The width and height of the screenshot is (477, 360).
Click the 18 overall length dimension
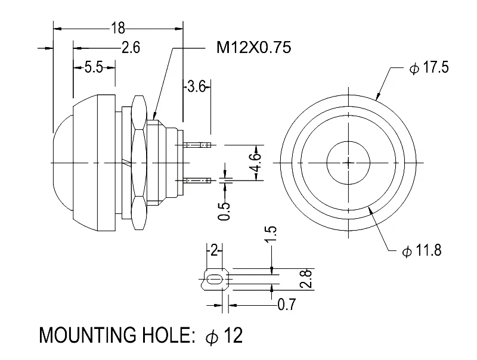point(117,27)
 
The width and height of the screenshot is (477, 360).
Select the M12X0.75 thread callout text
point(253,48)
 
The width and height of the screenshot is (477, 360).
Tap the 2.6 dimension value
point(131,48)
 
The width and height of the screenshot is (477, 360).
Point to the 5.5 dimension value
point(94,67)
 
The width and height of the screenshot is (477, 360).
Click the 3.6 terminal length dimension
point(196,86)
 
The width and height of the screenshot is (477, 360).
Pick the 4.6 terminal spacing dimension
point(256,163)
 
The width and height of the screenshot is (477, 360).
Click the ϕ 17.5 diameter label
point(429,67)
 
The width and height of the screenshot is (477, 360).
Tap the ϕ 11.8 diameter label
point(422,251)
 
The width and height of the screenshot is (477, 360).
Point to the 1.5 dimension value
point(271,234)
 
